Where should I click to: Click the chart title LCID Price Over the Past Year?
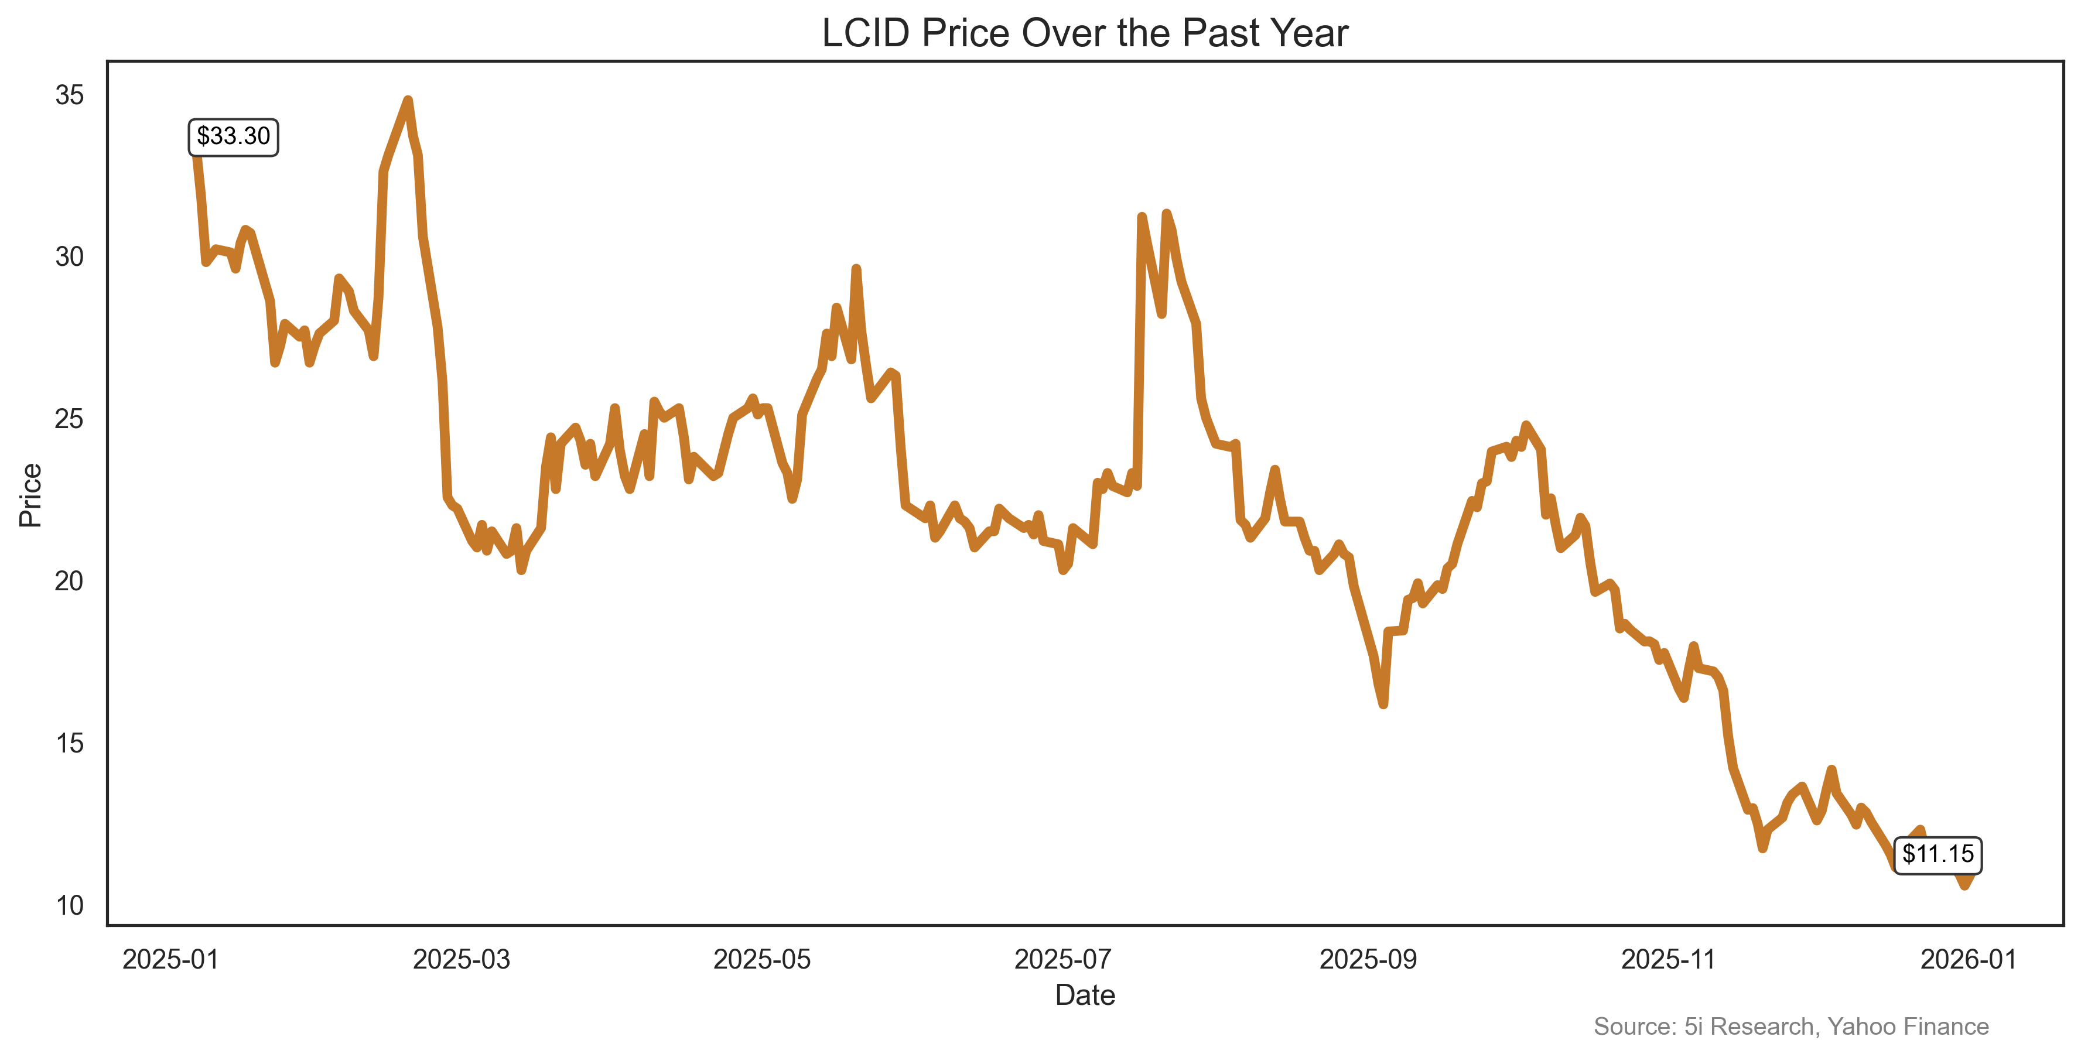pos(1084,34)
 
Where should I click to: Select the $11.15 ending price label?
pos(1937,854)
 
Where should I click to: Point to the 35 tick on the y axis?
pos(70,95)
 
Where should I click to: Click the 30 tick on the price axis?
pos(70,256)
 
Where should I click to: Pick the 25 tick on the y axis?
pos(70,419)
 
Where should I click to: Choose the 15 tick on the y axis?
pos(70,743)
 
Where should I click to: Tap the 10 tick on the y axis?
pos(70,905)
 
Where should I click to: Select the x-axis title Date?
pos(1084,996)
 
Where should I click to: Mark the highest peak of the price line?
pos(408,100)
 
